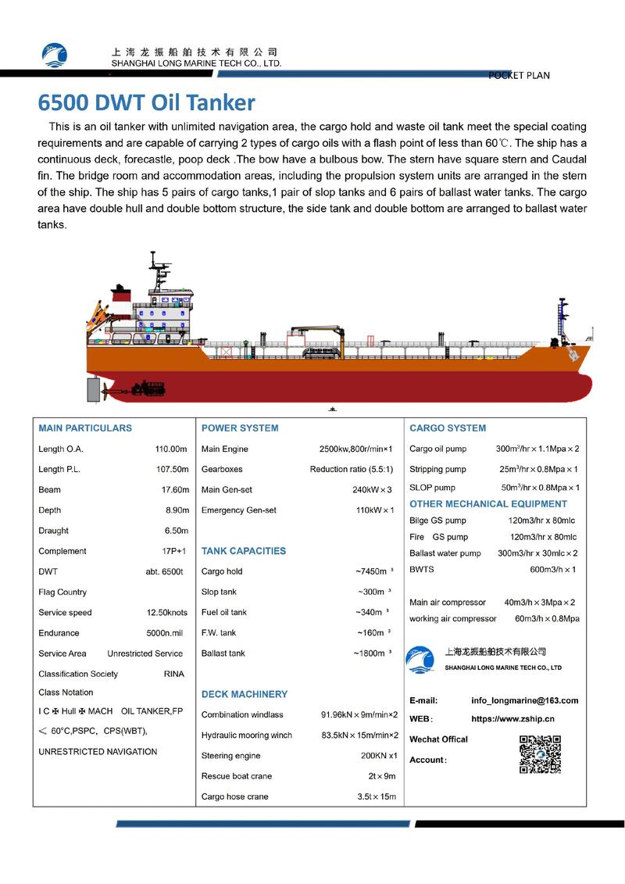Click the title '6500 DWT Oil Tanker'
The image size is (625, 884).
pos(147,102)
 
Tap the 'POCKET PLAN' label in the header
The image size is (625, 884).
pos(519,76)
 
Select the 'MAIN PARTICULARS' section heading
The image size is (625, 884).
pos(85,428)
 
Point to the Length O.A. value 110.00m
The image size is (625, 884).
pos(172,449)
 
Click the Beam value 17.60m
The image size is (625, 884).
pos(174,490)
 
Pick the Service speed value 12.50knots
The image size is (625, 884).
pos(167,613)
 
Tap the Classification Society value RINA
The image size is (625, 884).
pos(174,674)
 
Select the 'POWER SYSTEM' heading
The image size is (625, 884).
pos(240,428)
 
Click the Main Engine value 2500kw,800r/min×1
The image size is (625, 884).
pos(355,449)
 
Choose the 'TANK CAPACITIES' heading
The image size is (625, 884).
pos(244,551)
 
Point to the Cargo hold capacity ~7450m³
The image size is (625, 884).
pos(373,571)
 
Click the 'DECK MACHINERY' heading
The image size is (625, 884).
pos(245,694)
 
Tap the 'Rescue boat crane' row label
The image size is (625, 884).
pos(236,776)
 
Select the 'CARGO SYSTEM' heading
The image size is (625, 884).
pos(448,428)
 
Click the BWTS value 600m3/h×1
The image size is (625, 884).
pos(552,570)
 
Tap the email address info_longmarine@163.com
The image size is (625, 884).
pos(525,700)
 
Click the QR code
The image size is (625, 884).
pos(541,754)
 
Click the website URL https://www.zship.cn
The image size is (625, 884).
pos(513,718)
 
